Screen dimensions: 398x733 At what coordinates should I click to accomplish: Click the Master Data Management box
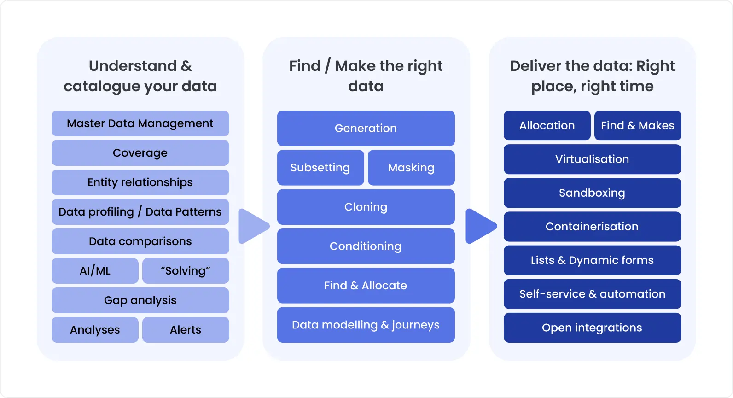click(140, 123)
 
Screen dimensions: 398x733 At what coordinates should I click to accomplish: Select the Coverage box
click(140, 153)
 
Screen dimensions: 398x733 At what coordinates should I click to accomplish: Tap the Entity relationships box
click(140, 182)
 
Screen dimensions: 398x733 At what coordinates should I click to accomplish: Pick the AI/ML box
click(95, 271)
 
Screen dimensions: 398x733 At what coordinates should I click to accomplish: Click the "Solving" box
click(186, 271)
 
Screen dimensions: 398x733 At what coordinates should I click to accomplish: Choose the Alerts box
click(186, 330)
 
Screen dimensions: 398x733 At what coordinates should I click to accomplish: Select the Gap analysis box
click(140, 300)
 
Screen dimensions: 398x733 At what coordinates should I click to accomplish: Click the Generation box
click(366, 128)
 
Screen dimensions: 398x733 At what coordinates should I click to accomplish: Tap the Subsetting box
click(320, 168)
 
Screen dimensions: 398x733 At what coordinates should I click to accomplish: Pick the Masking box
click(411, 168)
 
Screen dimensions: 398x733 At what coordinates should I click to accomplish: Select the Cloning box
click(366, 207)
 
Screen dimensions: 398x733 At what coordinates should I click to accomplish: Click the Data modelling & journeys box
click(366, 325)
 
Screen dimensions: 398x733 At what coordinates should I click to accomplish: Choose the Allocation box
click(547, 125)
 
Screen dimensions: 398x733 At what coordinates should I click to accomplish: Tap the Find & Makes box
click(638, 125)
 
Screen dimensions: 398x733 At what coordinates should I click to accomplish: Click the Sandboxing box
click(592, 193)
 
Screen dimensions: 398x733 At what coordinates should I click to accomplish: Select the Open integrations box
click(592, 328)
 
